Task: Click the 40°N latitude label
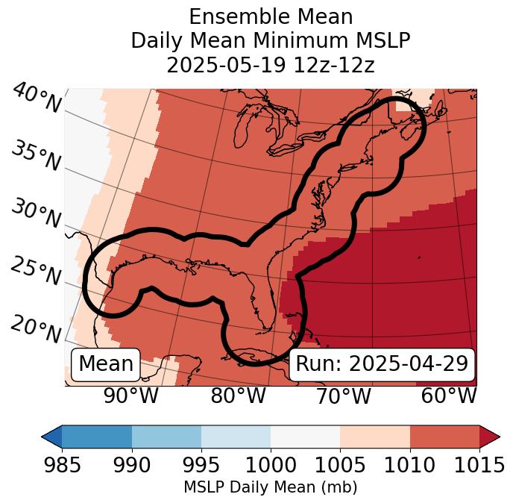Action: [37, 99]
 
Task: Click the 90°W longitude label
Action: [131, 396]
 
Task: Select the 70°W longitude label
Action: [343, 396]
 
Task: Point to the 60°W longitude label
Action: [448, 396]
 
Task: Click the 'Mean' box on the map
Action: [106, 364]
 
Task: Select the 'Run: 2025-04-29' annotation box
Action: [382, 364]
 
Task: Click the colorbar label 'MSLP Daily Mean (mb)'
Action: [270, 488]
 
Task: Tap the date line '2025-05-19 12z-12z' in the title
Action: [270, 65]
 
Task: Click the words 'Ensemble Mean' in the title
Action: [270, 16]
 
